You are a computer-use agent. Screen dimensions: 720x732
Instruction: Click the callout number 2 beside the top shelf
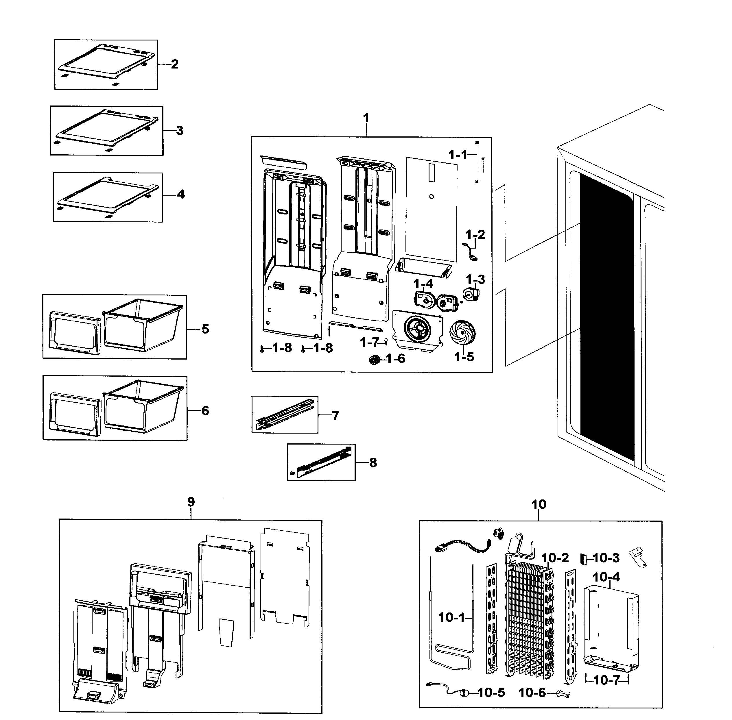(174, 64)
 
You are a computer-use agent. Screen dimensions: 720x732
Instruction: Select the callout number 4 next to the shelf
(181, 194)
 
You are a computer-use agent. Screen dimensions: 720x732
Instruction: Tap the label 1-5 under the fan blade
(464, 357)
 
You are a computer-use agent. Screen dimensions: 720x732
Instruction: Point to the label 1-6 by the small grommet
(395, 358)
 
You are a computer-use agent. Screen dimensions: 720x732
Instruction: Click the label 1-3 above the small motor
(475, 280)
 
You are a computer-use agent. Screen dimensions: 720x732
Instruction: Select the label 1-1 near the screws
(458, 154)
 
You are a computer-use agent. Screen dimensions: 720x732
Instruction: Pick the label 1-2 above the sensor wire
(475, 234)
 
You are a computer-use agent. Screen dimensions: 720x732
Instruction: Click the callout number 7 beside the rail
(335, 416)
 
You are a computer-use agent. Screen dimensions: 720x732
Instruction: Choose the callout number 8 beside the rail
(373, 462)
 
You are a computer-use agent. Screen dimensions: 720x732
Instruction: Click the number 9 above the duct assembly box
(191, 502)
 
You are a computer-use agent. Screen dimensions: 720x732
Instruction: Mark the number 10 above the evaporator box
(539, 504)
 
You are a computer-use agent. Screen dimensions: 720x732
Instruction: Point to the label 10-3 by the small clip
(606, 558)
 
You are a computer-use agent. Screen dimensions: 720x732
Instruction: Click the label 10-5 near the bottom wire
(491, 693)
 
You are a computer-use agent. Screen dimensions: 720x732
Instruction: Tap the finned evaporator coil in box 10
(528, 620)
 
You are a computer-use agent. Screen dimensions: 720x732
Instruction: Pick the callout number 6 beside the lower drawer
(205, 411)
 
